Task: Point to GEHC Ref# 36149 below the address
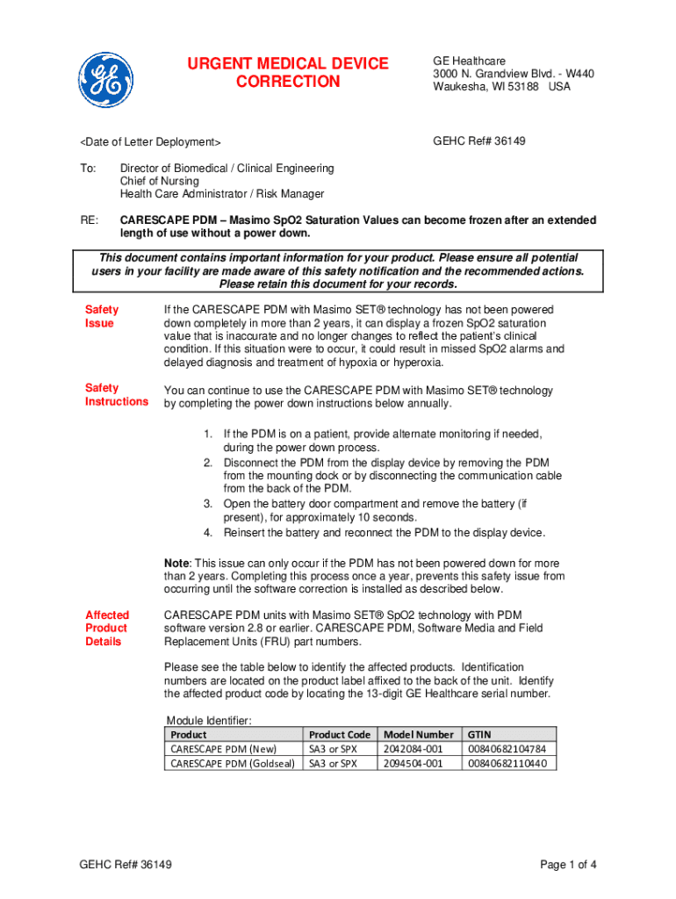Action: point(479,141)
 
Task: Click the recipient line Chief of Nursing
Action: point(160,181)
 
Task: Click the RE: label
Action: point(90,220)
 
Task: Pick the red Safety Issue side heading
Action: point(101,316)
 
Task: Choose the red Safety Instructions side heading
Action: point(116,394)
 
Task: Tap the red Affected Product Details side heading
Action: point(106,628)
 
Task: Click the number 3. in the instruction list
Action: point(208,504)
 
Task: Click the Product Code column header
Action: point(340,734)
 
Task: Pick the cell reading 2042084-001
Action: point(414,749)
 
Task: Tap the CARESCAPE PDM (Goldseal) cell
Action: point(233,764)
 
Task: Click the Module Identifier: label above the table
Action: point(208,721)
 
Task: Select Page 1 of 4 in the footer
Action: point(569,865)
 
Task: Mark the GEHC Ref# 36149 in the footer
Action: point(126,865)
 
